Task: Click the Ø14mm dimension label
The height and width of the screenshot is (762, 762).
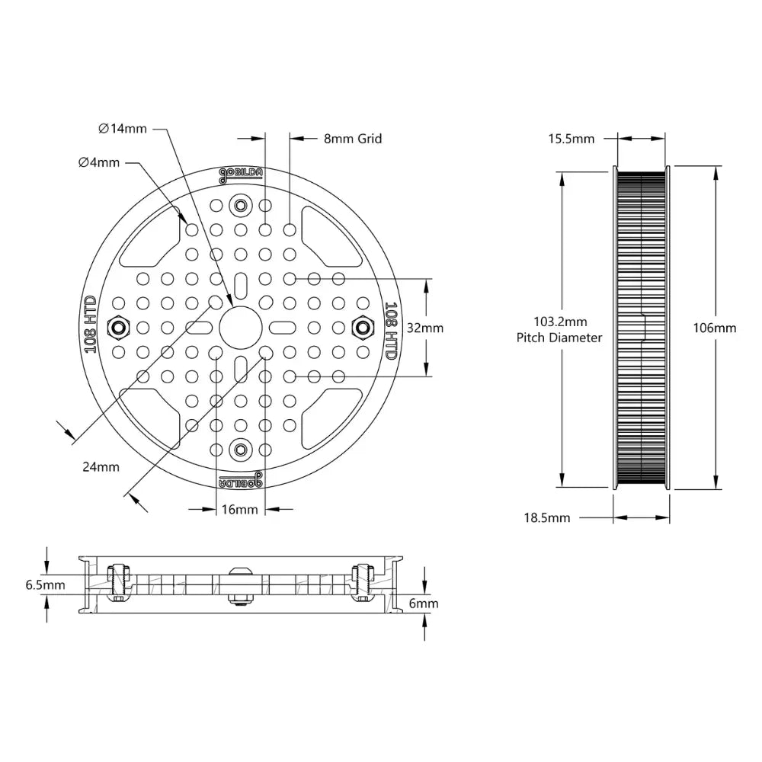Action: tap(123, 128)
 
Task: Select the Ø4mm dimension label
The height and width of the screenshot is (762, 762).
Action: tap(99, 162)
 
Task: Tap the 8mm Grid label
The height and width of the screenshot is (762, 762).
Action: tap(353, 139)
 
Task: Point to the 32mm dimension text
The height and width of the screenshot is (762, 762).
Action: tap(425, 328)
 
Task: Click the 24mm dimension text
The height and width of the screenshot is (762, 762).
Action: tap(101, 467)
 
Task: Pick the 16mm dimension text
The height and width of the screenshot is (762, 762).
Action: tap(240, 509)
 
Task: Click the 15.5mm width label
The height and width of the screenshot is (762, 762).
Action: tap(571, 139)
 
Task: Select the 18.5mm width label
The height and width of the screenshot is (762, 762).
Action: tap(547, 517)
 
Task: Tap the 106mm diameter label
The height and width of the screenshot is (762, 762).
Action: tap(714, 328)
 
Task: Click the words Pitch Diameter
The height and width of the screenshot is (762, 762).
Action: tap(559, 338)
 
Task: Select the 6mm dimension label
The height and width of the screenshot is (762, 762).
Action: tap(424, 603)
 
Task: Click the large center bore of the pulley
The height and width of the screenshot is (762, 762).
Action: tap(241, 328)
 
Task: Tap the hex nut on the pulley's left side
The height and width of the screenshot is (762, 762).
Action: tap(118, 328)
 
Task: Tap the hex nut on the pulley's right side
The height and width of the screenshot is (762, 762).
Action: tap(363, 328)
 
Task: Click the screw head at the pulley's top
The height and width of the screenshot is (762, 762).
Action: tap(241, 205)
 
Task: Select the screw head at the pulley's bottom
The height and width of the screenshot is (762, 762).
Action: tap(241, 450)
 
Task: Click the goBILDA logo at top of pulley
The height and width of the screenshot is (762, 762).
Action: tap(241, 174)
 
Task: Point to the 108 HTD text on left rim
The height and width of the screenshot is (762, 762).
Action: tap(90, 325)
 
